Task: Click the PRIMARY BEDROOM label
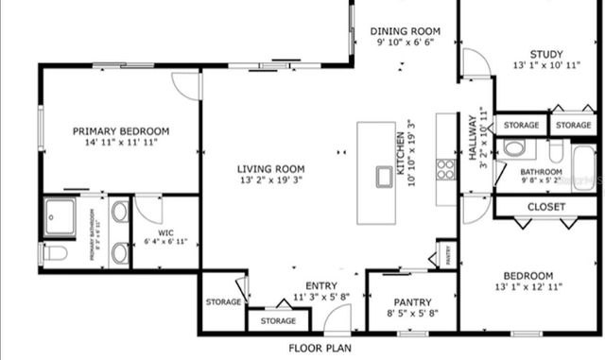pos(121,131)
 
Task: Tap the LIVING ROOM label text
pos(270,169)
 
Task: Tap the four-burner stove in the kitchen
pos(445,169)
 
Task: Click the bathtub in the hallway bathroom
pos(583,164)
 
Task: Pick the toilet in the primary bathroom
pos(53,252)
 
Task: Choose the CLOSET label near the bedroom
pos(546,207)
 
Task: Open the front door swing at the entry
pos(337,320)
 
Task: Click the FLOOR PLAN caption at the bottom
pos(320,348)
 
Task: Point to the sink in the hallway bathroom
pos(514,148)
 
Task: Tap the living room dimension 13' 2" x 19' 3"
pos(270,180)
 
